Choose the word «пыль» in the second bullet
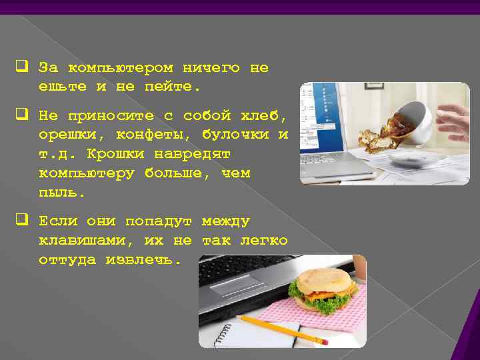click(x=61, y=193)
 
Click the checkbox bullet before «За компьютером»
click(x=21, y=67)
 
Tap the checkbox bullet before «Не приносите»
click(x=21, y=115)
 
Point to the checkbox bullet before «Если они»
click(x=21, y=220)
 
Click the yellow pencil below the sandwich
click(x=283, y=330)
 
